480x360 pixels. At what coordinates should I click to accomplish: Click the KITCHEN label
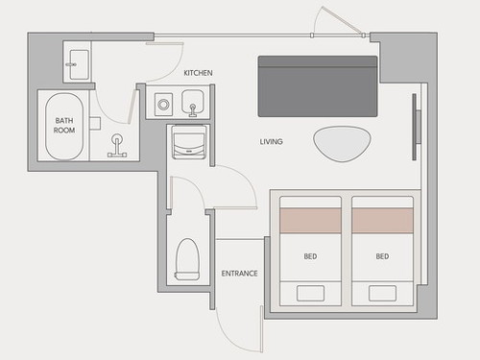click(198, 73)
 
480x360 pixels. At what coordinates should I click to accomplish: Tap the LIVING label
click(271, 141)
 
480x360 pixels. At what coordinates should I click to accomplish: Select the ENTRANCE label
click(239, 274)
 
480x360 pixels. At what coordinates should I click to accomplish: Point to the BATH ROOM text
click(64, 126)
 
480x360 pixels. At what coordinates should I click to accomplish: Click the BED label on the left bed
click(310, 256)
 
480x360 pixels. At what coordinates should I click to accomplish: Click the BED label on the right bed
click(382, 256)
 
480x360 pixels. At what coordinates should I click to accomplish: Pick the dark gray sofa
click(318, 86)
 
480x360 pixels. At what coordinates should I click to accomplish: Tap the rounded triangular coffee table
click(342, 144)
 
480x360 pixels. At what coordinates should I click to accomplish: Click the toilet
click(187, 259)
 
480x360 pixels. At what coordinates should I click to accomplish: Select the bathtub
click(64, 127)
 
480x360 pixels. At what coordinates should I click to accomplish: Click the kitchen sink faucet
click(193, 110)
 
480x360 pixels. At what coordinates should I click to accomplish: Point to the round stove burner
click(163, 105)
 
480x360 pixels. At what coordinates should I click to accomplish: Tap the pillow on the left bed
click(310, 293)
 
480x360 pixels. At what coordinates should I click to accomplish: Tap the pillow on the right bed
click(382, 293)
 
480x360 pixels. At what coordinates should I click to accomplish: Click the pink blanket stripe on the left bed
click(310, 221)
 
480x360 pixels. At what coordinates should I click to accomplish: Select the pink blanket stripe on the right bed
click(382, 221)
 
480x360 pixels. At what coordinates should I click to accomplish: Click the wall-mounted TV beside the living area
click(416, 127)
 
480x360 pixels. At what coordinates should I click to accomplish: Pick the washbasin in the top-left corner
click(79, 64)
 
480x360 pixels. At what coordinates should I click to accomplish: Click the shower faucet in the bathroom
click(117, 146)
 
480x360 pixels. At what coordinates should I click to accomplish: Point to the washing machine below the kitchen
click(188, 142)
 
